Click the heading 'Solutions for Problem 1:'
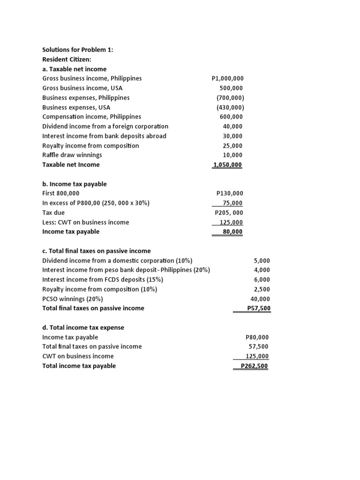pos(78,50)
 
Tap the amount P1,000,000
pos(228,79)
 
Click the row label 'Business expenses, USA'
pos(76,107)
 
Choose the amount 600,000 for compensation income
pos(231,117)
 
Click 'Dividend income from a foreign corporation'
pos(105,127)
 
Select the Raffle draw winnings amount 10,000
pos(233,155)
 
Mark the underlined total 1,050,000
pos(228,165)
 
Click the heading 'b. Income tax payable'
pos(74,184)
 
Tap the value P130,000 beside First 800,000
pos(230,193)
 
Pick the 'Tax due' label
pos(53,212)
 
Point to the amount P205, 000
pos(229,213)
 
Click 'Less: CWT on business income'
pos(85,222)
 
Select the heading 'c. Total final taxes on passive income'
pos(96,251)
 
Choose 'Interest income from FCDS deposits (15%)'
pos(103,279)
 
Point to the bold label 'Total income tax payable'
pos(79,366)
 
